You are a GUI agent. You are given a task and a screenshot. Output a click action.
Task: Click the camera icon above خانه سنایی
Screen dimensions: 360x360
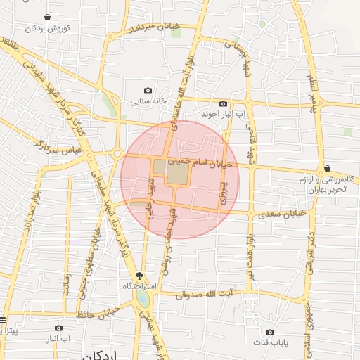(148, 91)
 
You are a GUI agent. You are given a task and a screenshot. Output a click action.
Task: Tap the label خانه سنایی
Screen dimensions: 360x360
(148, 101)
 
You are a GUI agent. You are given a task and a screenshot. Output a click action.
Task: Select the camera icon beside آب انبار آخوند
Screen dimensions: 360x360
(223, 104)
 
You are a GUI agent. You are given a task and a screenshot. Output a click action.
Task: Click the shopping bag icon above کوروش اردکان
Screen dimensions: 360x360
(47, 18)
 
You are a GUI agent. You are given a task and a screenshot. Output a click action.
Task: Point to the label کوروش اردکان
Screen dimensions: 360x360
(46, 28)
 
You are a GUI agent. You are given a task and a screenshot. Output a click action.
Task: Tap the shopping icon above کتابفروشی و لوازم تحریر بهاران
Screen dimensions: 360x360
(328, 168)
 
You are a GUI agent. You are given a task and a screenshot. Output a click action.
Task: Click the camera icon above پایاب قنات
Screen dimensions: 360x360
(270, 333)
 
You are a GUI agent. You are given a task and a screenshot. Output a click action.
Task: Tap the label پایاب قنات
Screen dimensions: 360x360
(270, 343)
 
